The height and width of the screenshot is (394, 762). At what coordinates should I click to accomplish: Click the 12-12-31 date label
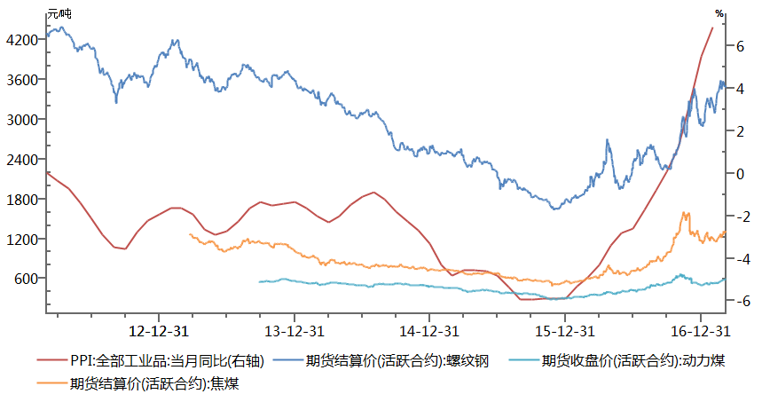(158, 331)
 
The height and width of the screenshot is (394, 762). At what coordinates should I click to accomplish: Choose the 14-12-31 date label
(428, 331)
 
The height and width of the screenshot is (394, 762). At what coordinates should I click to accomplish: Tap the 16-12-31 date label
(700, 331)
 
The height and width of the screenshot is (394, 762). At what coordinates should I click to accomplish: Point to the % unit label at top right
(719, 12)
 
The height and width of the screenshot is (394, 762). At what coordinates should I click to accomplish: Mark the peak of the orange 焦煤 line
(684, 213)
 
